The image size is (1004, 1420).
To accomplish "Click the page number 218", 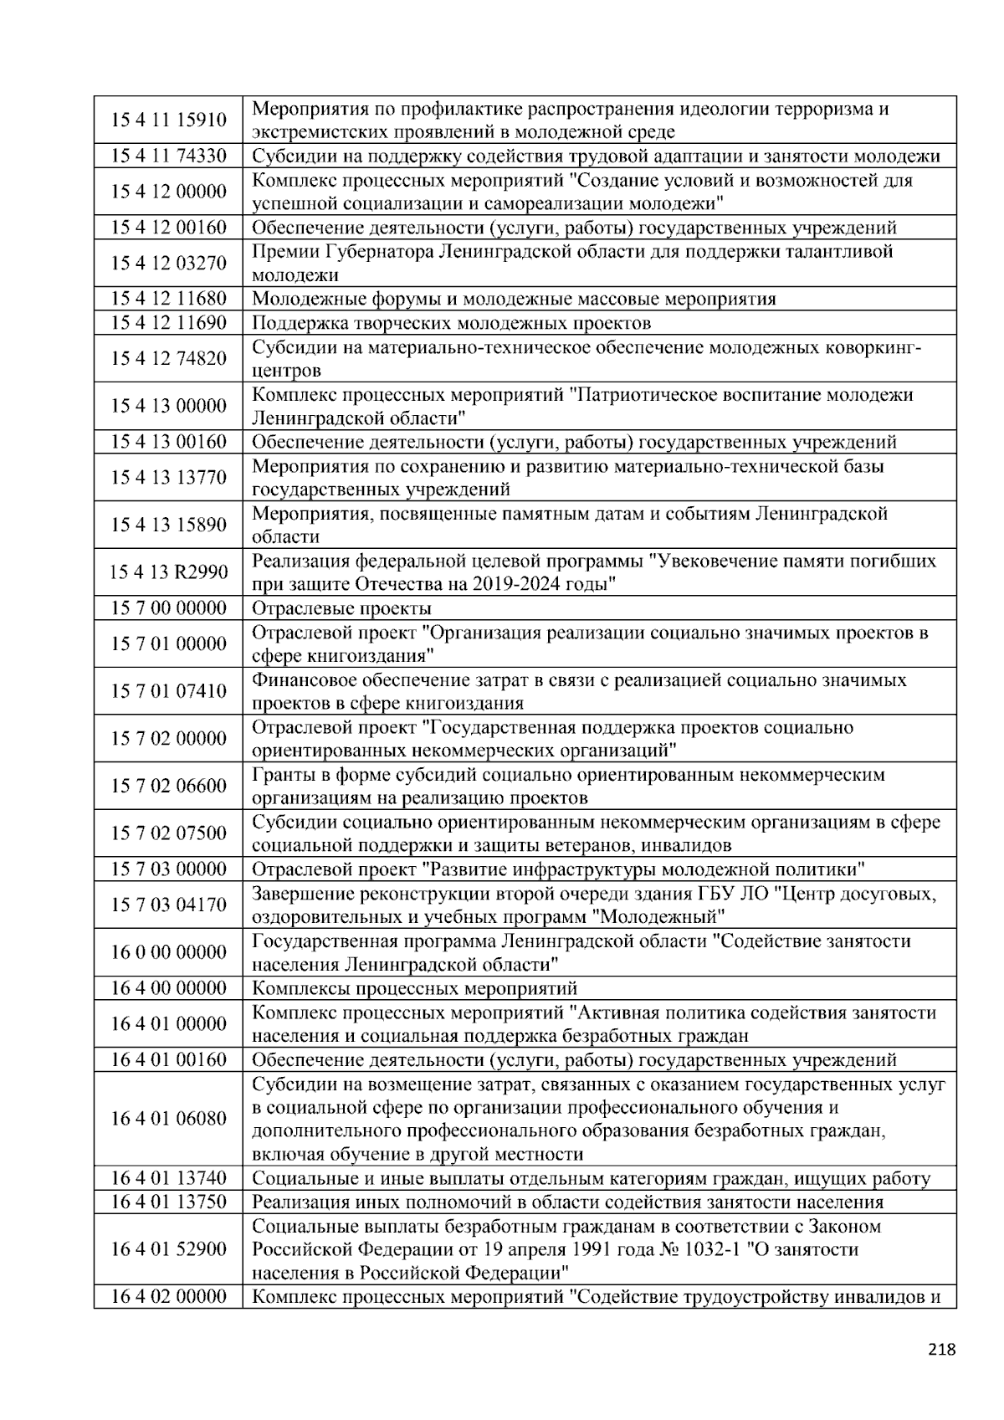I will tap(941, 1349).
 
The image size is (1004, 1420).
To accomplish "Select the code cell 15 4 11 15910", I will tap(168, 120).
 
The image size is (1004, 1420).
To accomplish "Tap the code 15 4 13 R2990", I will tap(168, 572).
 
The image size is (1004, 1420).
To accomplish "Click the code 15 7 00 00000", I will tap(168, 607).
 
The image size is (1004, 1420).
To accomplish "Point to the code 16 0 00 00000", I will tap(168, 952).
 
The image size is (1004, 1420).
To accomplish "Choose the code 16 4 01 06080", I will tap(168, 1119).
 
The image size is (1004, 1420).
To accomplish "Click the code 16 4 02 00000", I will tap(168, 1297).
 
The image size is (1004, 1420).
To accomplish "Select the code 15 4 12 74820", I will tap(168, 358).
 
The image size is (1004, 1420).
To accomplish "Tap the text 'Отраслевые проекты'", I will tap(341, 608).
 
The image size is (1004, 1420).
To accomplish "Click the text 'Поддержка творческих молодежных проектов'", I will tap(451, 323).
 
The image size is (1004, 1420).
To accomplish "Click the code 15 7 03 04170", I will tap(168, 905).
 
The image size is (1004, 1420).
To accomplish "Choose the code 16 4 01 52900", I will tap(168, 1249).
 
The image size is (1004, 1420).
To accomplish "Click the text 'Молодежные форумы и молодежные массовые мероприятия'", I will tap(514, 300).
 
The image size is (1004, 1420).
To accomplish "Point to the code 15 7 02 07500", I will tap(168, 833).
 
